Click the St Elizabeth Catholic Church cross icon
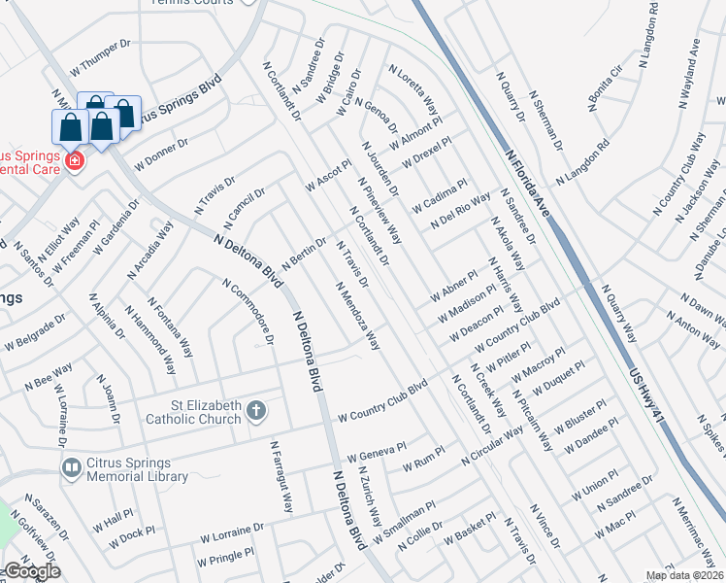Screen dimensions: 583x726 click(x=256, y=411)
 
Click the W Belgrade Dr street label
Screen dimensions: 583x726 click(x=35, y=330)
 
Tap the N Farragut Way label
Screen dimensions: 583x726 click(x=281, y=477)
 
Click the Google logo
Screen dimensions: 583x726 click(x=32, y=571)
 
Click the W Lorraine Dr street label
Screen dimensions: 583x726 click(x=232, y=532)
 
